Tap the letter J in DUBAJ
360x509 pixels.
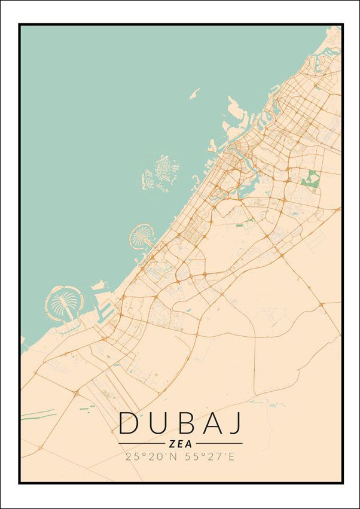(x=236, y=423)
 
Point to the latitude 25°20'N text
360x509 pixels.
(x=150, y=457)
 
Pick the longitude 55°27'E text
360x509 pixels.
(x=212, y=457)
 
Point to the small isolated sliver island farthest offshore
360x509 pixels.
(x=194, y=93)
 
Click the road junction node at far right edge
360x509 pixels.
(x=321, y=306)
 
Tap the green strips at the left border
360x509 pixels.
(x=37, y=414)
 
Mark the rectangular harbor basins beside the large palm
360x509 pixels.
(x=105, y=310)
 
